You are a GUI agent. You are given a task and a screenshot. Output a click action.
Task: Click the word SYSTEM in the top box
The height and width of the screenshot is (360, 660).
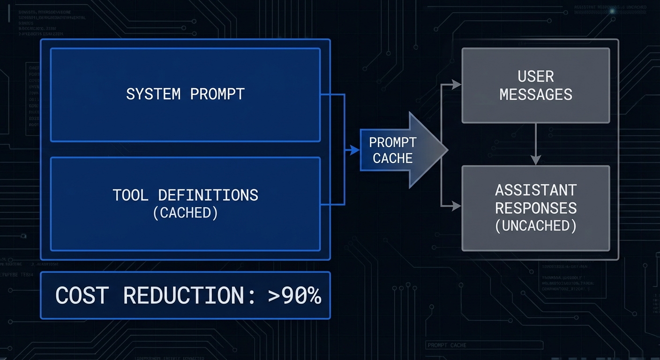click(153, 94)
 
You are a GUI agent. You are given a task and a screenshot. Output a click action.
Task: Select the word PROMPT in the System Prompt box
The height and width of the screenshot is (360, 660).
click(217, 94)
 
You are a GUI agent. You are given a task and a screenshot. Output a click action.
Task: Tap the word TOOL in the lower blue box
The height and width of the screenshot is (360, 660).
click(130, 195)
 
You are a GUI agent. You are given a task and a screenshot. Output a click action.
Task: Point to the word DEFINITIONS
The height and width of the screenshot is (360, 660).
click(208, 195)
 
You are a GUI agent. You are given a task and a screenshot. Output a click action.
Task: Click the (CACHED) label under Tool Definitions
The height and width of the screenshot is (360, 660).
click(185, 213)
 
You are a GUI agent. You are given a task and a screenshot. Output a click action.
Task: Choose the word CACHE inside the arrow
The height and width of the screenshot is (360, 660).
click(392, 158)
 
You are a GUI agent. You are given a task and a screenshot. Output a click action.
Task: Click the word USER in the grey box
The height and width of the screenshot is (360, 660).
click(536, 76)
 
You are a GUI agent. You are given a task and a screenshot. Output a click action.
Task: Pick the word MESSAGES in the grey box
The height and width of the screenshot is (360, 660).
click(536, 94)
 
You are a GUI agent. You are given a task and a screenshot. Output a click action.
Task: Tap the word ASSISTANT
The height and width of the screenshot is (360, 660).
click(536, 190)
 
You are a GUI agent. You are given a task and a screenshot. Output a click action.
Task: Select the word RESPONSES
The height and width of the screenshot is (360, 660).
click(536, 208)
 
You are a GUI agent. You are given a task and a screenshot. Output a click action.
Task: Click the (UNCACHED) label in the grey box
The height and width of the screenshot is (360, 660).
click(536, 225)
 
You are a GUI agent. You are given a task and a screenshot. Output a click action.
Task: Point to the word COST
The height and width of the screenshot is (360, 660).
click(82, 296)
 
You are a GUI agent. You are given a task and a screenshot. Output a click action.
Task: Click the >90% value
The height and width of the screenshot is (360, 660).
click(294, 296)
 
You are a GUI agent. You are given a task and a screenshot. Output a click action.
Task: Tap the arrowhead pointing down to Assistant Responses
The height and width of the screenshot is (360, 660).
click(536, 161)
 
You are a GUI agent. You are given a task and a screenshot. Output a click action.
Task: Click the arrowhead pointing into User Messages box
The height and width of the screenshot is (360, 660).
click(457, 85)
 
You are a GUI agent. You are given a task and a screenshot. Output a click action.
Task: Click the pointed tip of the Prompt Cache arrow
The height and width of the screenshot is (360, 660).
click(447, 150)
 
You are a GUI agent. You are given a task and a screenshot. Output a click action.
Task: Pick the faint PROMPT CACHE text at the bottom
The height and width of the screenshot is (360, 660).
click(447, 345)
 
